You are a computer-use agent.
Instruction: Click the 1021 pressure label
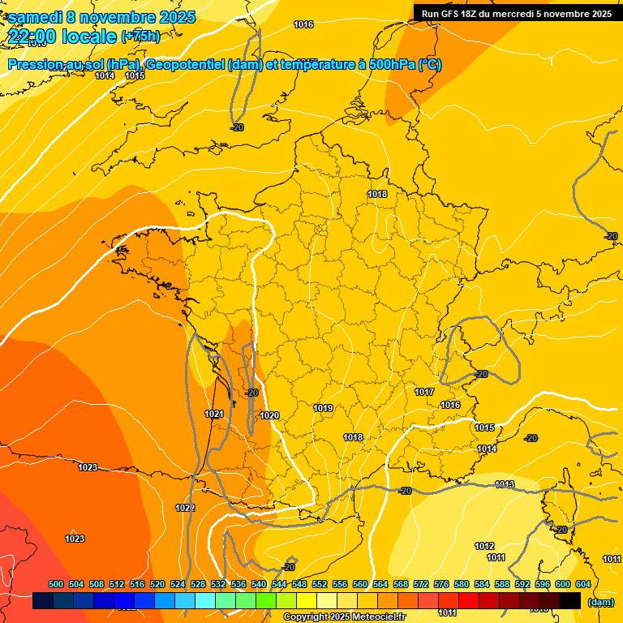click(214, 414)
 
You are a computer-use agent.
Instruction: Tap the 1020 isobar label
click(269, 415)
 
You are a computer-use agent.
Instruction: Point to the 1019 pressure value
click(323, 407)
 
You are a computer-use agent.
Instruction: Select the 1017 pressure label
click(424, 392)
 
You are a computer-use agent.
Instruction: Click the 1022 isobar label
click(185, 508)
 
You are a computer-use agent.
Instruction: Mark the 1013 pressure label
click(505, 484)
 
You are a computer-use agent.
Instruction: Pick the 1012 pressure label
click(484, 546)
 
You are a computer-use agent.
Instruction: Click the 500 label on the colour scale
click(56, 584)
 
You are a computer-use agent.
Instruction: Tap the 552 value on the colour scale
click(320, 584)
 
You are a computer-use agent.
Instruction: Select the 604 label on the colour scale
click(583, 584)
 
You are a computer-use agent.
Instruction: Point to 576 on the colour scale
click(441, 584)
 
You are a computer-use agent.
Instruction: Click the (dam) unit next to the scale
click(600, 602)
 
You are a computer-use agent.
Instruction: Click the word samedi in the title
click(37, 16)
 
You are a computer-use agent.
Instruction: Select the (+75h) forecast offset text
click(140, 36)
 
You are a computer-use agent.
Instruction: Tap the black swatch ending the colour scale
click(570, 601)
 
